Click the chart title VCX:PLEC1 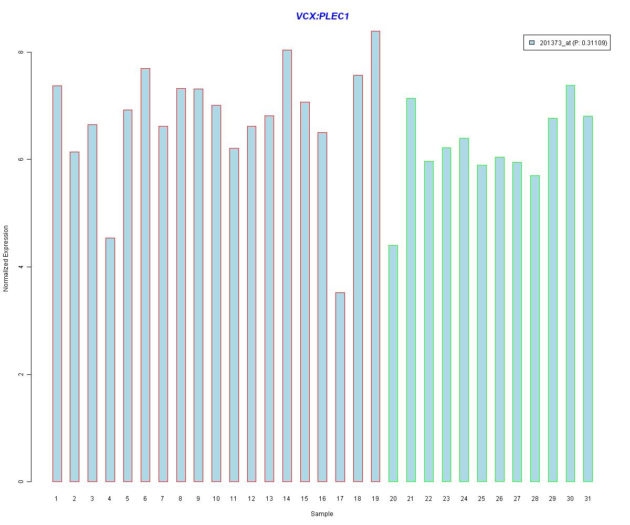322,16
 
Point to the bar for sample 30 570,283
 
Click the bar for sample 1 57,283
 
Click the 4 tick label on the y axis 21,267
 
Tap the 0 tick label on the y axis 21,481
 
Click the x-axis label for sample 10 216,499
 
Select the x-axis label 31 588,499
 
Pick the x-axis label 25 481,499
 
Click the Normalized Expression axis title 6,258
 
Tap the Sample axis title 322,514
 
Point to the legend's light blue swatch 532,44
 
